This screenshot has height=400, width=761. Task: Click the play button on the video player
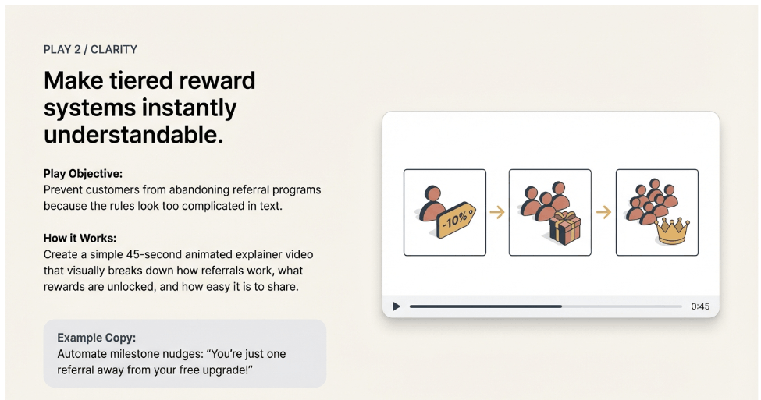point(397,306)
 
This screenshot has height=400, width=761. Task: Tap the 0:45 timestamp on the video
point(700,306)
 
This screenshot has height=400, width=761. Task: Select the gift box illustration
point(565,227)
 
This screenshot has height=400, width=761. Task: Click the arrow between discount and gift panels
point(497,211)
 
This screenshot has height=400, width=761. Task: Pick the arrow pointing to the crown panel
point(603,211)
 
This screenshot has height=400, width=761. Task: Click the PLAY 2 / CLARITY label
point(91,50)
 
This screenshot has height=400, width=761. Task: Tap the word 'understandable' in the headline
point(133,134)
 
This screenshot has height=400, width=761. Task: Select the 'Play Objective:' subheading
point(83,174)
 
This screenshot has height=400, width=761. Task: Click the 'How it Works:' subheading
point(80,238)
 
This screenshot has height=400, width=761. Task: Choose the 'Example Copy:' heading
point(96,338)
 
